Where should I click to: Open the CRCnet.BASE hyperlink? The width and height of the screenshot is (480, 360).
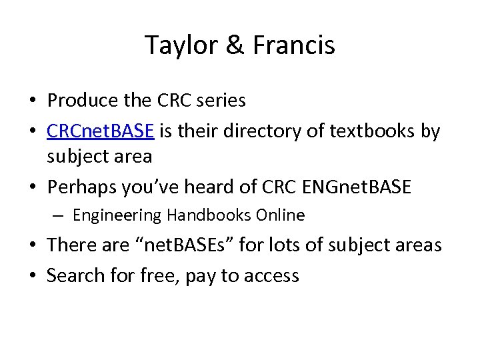[101, 131]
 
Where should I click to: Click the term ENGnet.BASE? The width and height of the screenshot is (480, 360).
[357, 187]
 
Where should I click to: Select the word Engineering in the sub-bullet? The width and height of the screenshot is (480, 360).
[117, 215]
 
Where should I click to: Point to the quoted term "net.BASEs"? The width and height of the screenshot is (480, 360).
[174, 245]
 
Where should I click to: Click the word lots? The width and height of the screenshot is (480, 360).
[291, 245]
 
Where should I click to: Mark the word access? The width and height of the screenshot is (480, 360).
[268, 275]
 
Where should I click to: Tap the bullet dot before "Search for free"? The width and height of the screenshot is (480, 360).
[33, 275]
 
